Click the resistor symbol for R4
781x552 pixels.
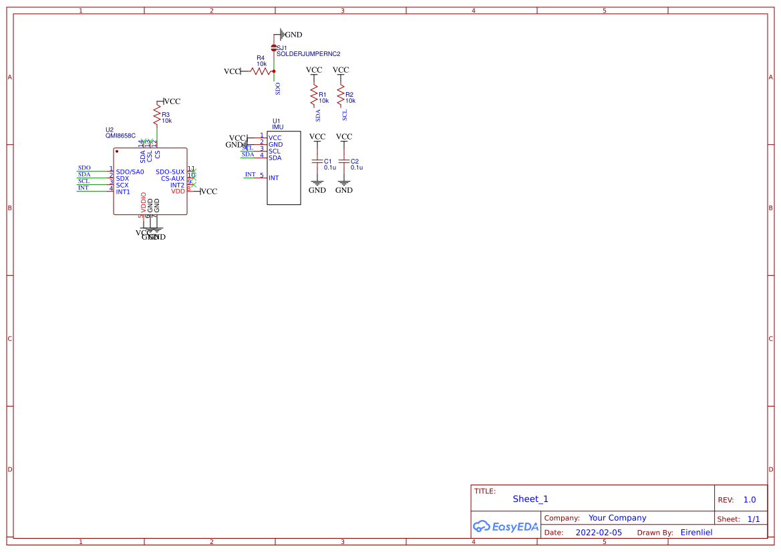(261, 71)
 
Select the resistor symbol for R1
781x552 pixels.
(314, 97)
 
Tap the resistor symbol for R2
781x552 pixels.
(341, 97)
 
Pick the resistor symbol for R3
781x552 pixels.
(157, 117)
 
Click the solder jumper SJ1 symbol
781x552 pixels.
(274, 47)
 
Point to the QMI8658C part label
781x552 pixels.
(120, 135)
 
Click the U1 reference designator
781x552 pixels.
(276, 121)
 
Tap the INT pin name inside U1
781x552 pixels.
(273, 178)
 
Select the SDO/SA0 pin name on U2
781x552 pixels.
(130, 172)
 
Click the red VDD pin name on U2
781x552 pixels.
(178, 192)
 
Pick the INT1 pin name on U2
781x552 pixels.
(123, 192)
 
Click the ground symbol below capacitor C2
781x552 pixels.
(344, 183)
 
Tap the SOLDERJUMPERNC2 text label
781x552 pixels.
(308, 53)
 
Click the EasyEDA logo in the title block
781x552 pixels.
(506, 526)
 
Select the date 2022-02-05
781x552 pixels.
(599, 533)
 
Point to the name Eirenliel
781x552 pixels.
(696, 533)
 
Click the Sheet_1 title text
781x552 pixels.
(530, 499)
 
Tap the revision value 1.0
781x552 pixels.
(750, 500)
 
